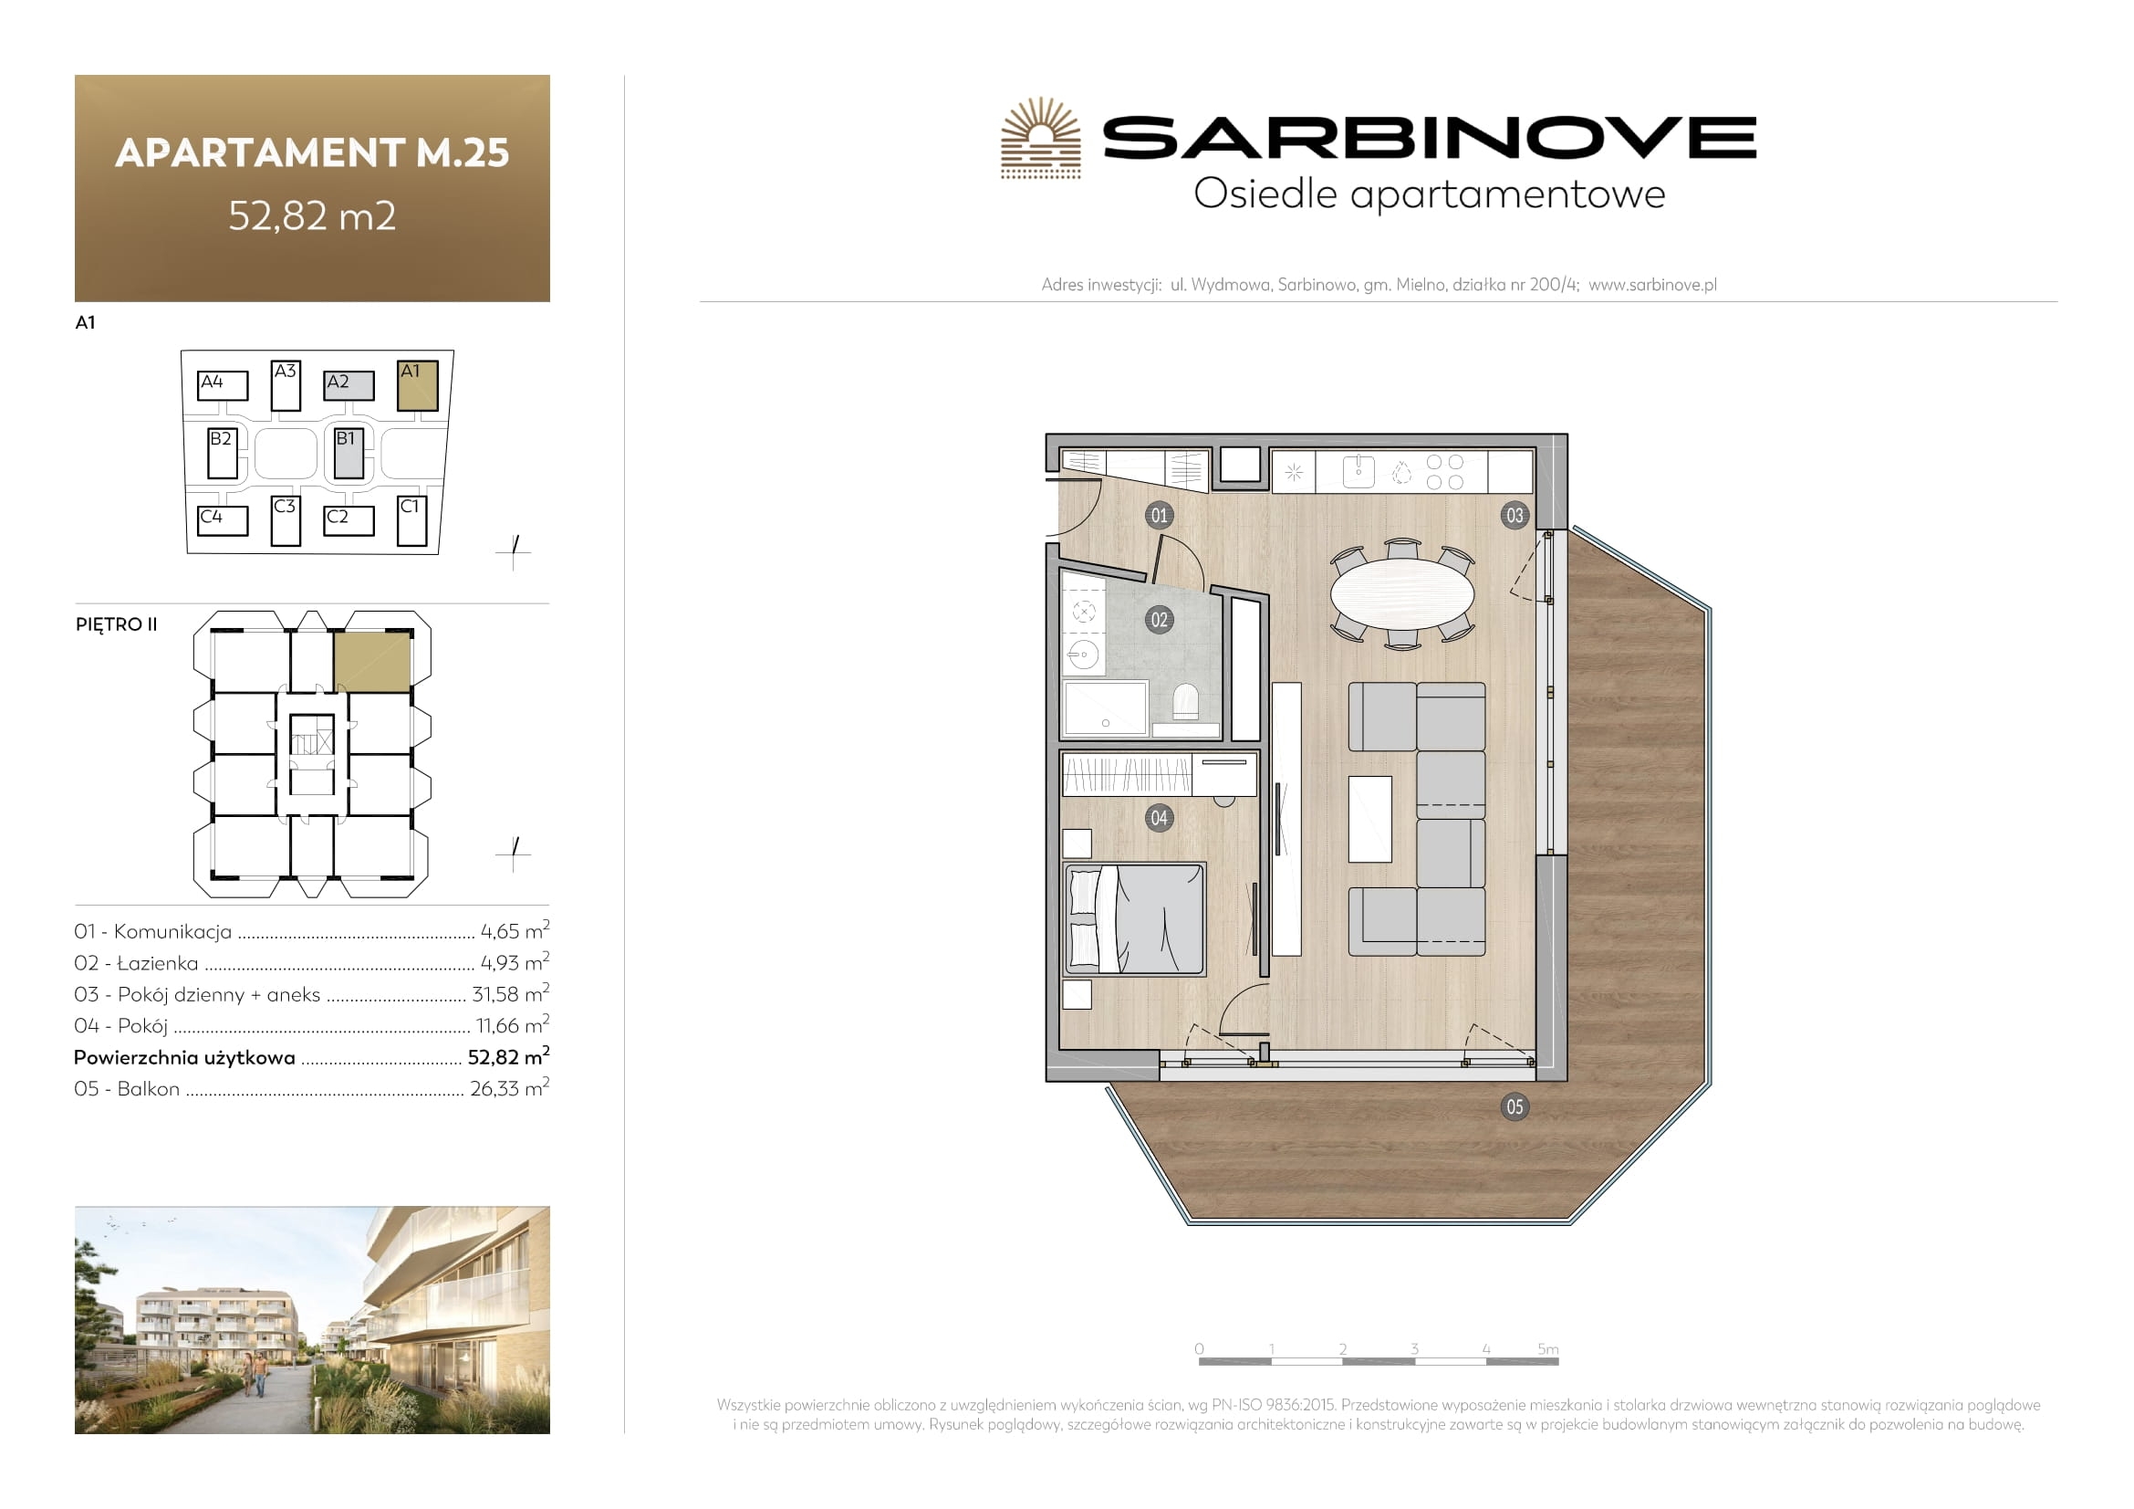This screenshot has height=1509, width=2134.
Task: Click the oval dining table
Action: coord(1401,593)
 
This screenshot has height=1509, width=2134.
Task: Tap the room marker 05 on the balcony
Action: coord(1515,1106)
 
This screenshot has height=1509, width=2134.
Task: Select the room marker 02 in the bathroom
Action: coord(1159,620)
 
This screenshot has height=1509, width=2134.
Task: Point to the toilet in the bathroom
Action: coord(1185,703)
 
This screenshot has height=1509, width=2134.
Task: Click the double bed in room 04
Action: coord(1135,919)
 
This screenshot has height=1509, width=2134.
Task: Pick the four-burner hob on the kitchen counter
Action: coord(1444,471)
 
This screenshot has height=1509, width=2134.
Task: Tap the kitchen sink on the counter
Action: coord(1358,470)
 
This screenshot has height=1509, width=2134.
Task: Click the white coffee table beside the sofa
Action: coord(1370,819)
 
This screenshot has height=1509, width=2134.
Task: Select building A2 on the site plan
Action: coord(349,385)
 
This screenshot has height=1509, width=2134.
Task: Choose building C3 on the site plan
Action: coord(286,520)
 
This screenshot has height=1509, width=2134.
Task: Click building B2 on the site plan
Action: coord(222,453)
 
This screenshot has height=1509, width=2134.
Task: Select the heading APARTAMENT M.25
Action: coord(312,152)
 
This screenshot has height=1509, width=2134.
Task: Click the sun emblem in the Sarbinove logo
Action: coord(1041,138)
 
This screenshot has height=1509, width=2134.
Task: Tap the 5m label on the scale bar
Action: coord(1547,1349)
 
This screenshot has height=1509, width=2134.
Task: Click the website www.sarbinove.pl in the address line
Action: coord(1652,285)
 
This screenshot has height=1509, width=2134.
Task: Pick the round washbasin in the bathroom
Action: coord(1084,655)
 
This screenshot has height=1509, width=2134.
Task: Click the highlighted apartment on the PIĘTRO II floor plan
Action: coord(371,662)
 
